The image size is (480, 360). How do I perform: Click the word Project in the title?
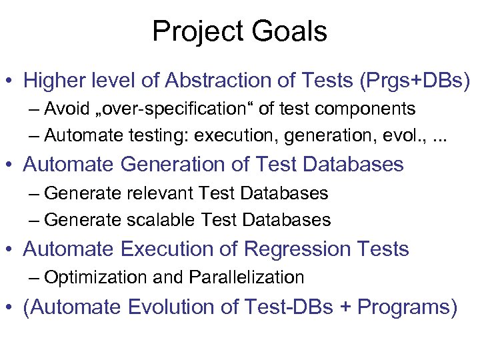197,32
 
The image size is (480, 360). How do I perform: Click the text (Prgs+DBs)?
414,81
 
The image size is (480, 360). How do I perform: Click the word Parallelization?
247,277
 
